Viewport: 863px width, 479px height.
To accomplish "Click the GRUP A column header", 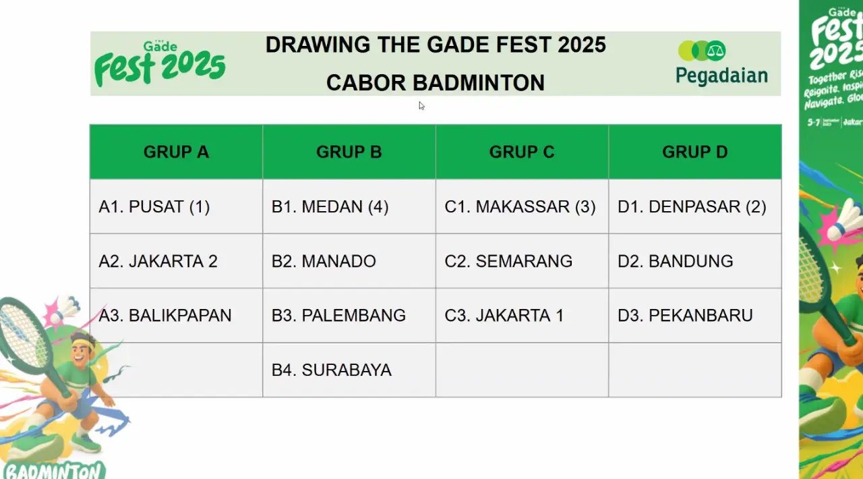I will pyautogui.click(x=176, y=152).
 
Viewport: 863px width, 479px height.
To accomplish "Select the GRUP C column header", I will pyautogui.click(x=522, y=152).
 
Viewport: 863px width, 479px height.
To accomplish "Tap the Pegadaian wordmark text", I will pyautogui.click(x=721, y=76).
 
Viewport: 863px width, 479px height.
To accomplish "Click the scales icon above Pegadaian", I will pyautogui.click(x=715, y=51).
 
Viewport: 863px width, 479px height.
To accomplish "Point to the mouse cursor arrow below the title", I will pyautogui.click(x=421, y=105).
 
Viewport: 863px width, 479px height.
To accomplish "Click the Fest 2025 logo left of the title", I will pyautogui.click(x=160, y=64).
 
